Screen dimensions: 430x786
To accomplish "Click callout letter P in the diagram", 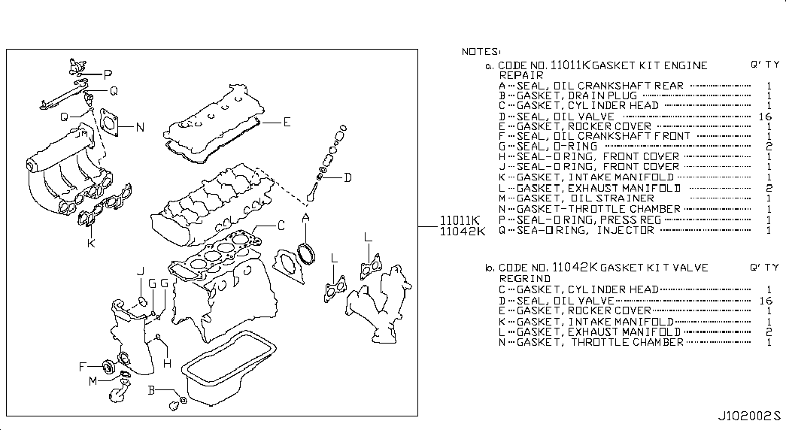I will coord(108,74).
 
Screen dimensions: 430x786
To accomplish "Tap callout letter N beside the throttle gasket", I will coord(140,126).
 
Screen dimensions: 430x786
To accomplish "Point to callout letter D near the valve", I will coord(347,178).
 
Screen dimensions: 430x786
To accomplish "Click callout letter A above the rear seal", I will coord(305,218).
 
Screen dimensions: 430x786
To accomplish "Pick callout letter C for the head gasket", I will coord(281,225).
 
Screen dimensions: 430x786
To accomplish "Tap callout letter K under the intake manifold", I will coord(91,244).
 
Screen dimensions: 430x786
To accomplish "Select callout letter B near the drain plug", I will coord(150,390).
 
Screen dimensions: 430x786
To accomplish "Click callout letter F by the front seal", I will coord(83,367).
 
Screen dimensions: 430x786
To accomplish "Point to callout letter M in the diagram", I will coord(93,381).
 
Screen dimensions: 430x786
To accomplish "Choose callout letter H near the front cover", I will coord(167,364).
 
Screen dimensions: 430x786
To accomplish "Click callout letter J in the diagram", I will coord(140,271).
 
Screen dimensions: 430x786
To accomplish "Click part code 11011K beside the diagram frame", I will coord(459,220).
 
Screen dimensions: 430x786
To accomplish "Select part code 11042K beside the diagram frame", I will coord(459,231).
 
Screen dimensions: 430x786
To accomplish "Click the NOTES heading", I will coord(480,51).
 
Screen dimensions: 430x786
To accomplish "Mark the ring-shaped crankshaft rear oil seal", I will coord(305,252).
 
